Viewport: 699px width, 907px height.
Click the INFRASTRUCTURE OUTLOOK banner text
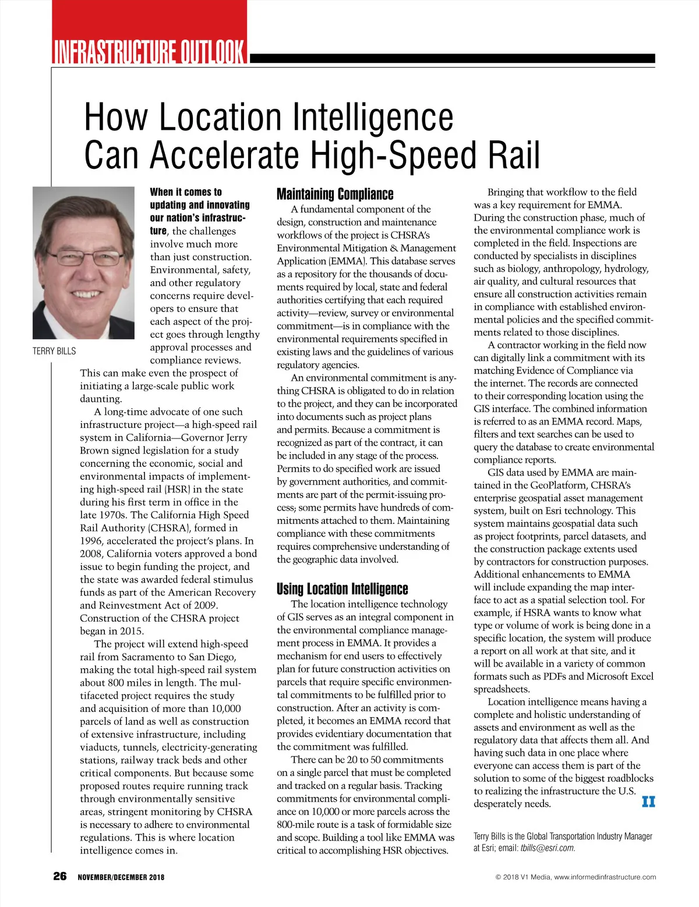[x=150, y=51]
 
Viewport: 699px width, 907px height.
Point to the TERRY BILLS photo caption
[x=54, y=351]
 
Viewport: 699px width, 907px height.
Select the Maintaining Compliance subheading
[x=335, y=194]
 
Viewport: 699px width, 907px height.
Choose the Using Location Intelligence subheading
[x=342, y=589]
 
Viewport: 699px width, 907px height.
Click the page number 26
[x=60, y=876]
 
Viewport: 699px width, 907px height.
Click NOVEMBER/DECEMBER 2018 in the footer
[x=121, y=877]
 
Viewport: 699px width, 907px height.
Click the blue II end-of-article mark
[x=648, y=802]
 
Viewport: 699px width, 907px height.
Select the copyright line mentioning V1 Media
[x=576, y=877]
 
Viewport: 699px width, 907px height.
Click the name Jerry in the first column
[x=233, y=438]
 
